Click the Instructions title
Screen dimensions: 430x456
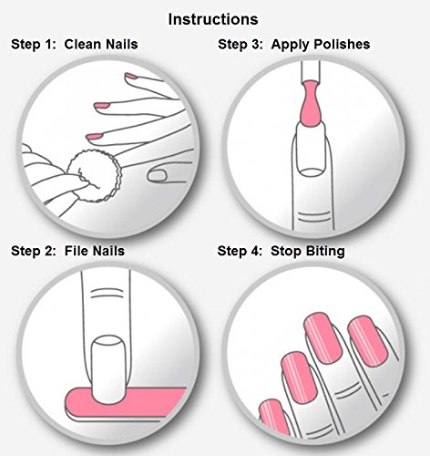213,19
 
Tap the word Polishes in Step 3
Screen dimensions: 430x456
342,44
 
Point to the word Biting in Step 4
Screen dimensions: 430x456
325,252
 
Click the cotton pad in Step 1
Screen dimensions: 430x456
95,176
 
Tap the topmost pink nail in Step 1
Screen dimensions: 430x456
131,76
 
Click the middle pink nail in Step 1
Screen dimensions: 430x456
102,106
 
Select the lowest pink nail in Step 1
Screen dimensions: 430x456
95,137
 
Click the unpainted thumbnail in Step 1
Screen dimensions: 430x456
157,176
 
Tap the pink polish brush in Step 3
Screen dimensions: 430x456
310,103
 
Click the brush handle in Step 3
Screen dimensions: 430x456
311,72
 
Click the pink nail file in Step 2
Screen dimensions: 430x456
125,403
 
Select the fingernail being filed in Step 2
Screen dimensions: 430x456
108,369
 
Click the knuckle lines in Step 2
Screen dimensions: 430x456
107,294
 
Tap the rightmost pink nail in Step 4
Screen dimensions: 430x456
369,341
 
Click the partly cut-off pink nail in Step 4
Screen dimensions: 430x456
274,417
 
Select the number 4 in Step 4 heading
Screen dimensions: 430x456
255,252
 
